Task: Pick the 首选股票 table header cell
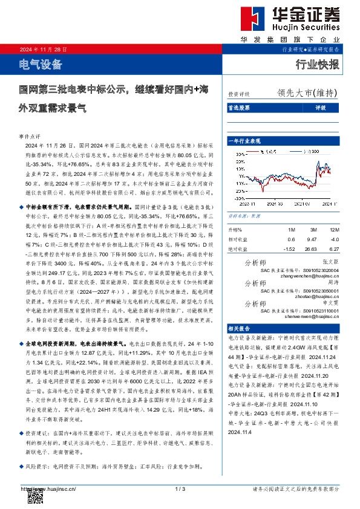coord(238,108)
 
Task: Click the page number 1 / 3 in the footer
coord(179,488)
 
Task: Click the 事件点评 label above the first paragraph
coord(30,138)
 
